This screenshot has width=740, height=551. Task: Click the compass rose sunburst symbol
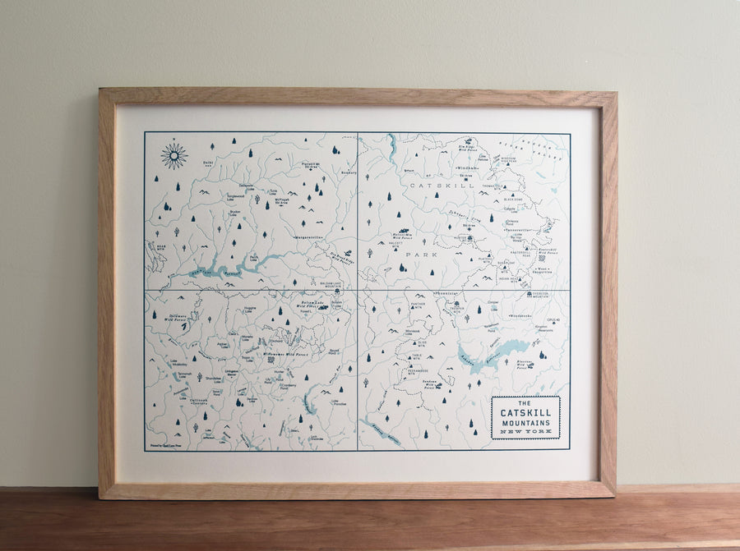tap(173, 155)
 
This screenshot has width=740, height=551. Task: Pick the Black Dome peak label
tap(513, 200)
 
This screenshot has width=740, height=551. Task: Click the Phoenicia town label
tap(448, 293)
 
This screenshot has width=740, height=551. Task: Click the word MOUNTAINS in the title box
tap(525, 423)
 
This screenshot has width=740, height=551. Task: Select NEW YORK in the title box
tap(525, 433)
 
